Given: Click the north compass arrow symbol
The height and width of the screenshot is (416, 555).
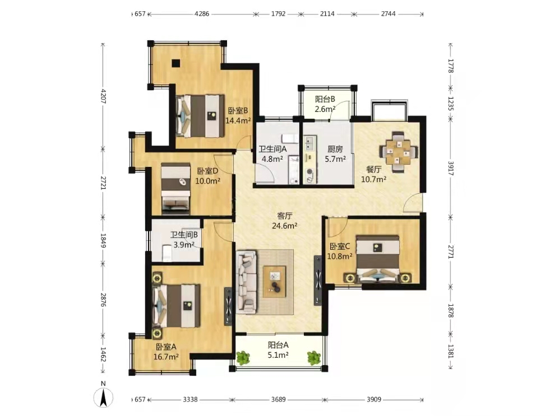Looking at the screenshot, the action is pyautogui.click(x=103, y=397).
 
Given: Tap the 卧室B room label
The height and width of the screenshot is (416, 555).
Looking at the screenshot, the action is pyautogui.click(x=238, y=111).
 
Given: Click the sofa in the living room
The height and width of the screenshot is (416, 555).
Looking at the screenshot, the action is pyautogui.click(x=246, y=282).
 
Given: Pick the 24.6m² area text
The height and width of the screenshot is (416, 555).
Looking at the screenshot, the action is pyautogui.click(x=285, y=226).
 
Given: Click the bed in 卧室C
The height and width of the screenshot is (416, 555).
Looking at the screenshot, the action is pyautogui.click(x=378, y=259).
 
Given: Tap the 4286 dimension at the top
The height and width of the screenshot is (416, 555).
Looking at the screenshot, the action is pyautogui.click(x=202, y=14).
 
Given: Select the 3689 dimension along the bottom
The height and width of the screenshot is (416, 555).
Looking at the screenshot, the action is pyautogui.click(x=278, y=399).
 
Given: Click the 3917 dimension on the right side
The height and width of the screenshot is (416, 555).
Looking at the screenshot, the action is pyautogui.click(x=451, y=168).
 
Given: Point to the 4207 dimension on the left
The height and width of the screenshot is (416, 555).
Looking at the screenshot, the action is pyautogui.click(x=103, y=96).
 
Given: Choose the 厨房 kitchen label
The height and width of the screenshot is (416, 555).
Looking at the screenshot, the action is pyautogui.click(x=335, y=149).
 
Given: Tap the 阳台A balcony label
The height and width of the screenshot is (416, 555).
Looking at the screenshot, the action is pyautogui.click(x=278, y=344).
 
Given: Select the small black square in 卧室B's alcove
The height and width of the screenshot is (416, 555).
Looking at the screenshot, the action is pyautogui.click(x=176, y=63).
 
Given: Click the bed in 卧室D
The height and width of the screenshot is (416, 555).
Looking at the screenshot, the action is pyautogui.click(x=175, y=188).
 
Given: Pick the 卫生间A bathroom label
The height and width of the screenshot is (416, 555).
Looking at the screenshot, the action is pyautogui.click(x=272, y=149).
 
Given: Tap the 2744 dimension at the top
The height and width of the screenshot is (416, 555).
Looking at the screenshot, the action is pyautogui.click(x=388, y=14).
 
